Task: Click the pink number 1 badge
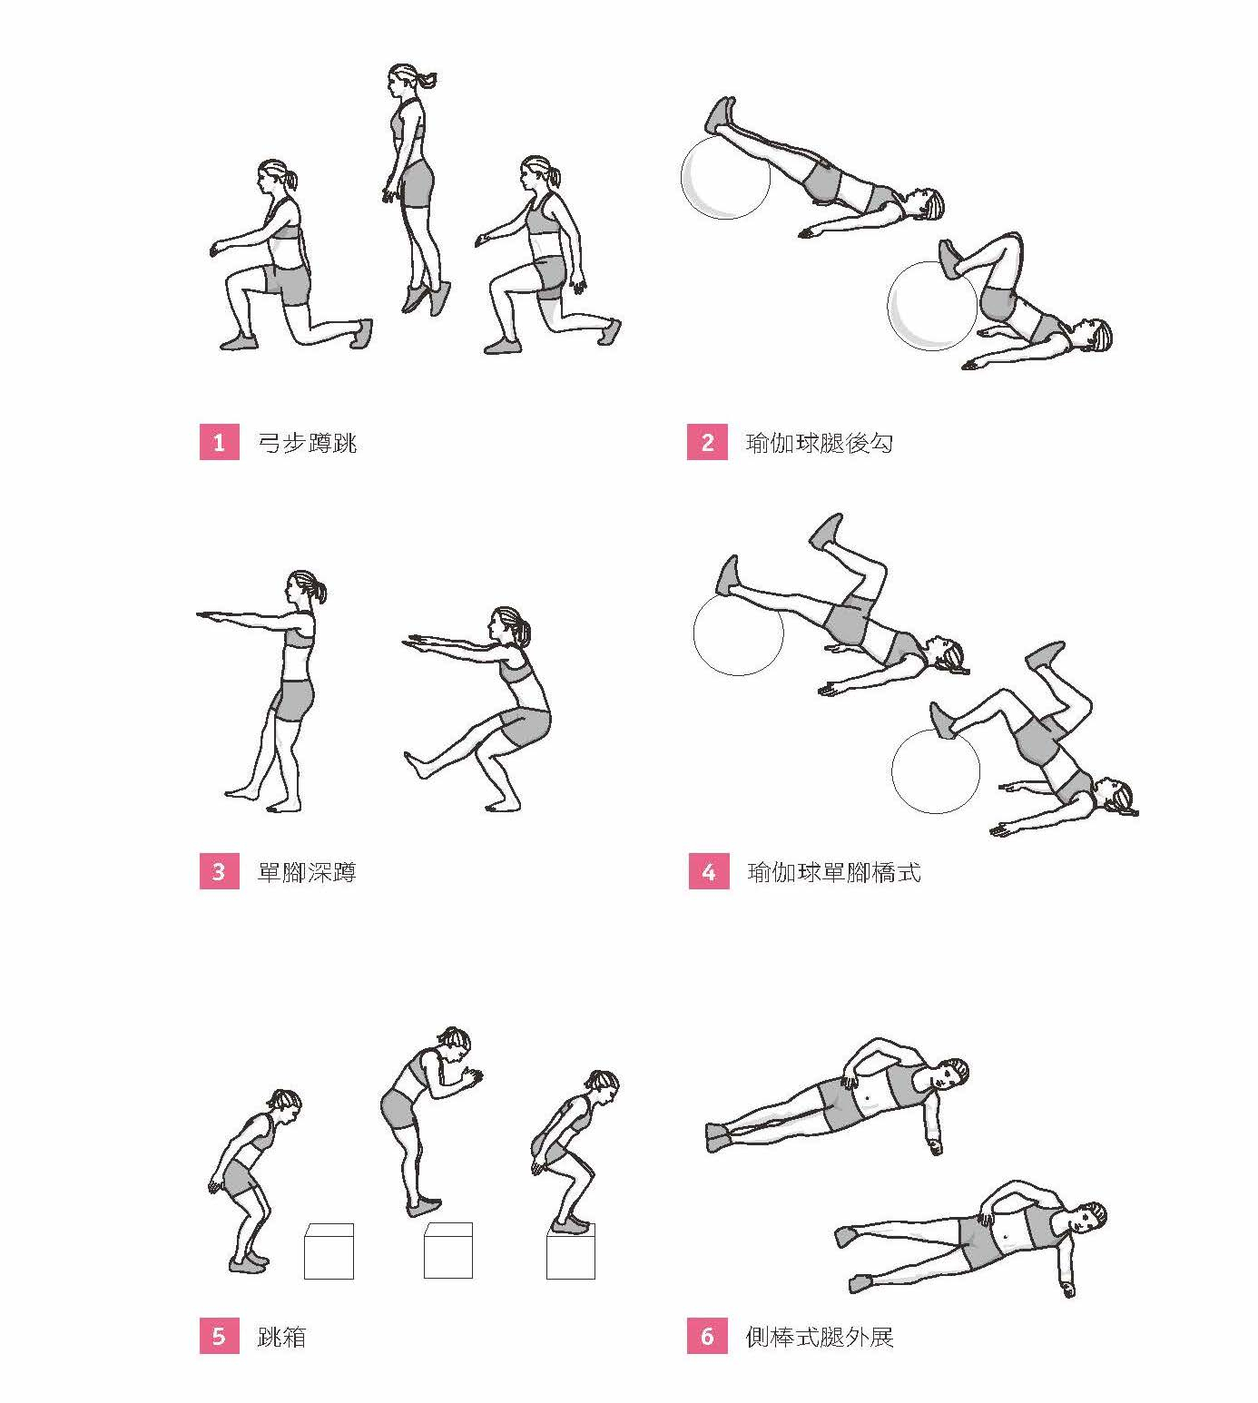(x=220, y=442)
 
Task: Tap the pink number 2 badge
(x=707, y=442)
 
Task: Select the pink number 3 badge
(x=220, y=871)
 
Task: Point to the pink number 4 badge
(x=709, y=871)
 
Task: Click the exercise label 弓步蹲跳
(x=307, y=443)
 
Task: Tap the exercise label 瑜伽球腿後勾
(x=820, y=443)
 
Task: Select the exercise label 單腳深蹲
(x=307, y=872)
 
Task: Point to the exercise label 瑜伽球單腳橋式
(x=834, y=872)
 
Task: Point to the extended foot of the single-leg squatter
(x=418, y=765)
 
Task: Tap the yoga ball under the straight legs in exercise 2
(x=725, y=177)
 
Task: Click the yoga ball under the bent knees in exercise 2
(x=932, y=306)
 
